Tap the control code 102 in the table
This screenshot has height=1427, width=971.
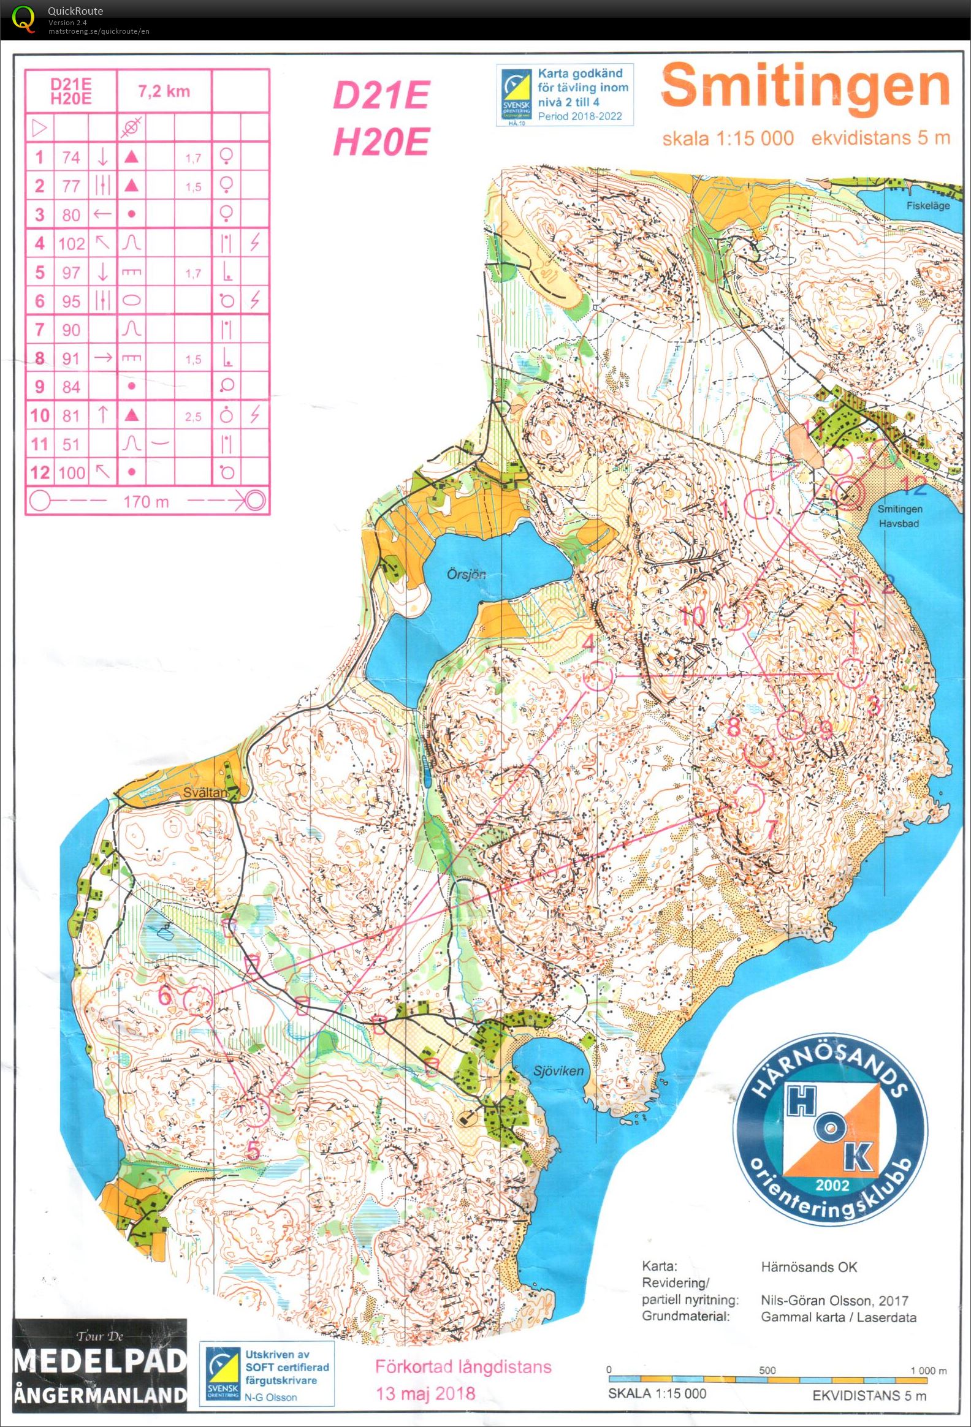(x=71, y=243)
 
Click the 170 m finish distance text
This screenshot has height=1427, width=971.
(x=146, y=502)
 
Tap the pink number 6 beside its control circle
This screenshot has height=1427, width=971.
(x=166, y=994)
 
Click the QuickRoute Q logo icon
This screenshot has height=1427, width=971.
(x=23, y=18)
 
